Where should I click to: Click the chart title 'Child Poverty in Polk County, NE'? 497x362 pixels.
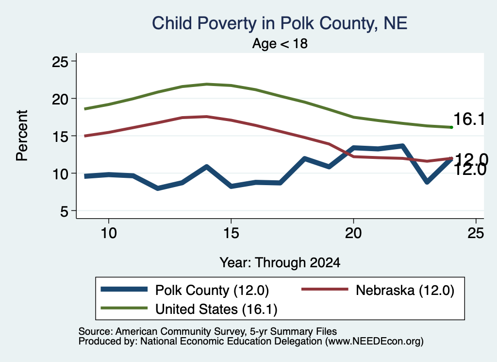[x=280, y=23]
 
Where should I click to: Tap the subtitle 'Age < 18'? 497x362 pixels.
[x=280, y=43]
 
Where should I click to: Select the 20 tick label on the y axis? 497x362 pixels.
[x=60, y=99]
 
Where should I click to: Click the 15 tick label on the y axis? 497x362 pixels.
[x=60, y=137]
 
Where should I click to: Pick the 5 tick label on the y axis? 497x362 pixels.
[x=65, y=211]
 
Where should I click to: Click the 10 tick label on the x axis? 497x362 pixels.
[x=109, y=233]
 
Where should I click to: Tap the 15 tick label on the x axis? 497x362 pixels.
[x=231, y=233]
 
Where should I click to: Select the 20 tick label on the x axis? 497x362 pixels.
[x=353, y=233]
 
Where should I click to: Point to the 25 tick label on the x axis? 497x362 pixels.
[x=476, y=233]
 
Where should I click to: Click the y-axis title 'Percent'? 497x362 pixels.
[x=22, y=136]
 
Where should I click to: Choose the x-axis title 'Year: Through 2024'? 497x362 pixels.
[x=280, y=263]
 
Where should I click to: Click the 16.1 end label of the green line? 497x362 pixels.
[x=469, y=120]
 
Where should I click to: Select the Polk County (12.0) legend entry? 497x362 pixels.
[x=185, y=290]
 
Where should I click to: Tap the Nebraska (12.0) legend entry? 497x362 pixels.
[x=378, y=290]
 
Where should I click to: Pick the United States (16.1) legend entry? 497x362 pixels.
[x=189, y=309]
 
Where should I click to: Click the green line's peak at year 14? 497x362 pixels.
[x=207, y=84]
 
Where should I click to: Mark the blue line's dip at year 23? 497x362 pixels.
[x=427, y=182]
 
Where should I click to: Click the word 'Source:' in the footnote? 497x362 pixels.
[x=96, y=331]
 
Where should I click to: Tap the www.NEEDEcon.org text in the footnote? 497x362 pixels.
[x=374, y=342]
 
